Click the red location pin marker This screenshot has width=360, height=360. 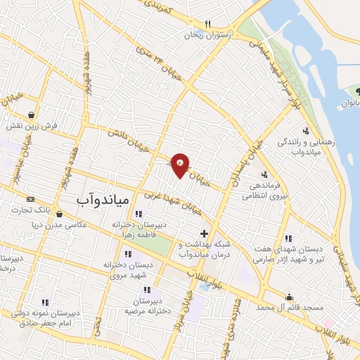181,165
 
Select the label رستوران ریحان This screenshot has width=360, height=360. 208,34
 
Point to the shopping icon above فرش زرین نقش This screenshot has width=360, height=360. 32,115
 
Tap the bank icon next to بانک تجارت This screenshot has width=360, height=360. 30,199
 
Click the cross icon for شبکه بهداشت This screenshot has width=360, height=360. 204,233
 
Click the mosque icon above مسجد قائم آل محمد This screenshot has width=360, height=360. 288,297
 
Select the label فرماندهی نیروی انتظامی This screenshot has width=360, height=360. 264,191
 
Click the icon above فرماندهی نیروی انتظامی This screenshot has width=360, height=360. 264,174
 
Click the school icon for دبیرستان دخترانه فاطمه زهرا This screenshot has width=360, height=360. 138,214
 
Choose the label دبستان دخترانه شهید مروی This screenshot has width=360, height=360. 127,268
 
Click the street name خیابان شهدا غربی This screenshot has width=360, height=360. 174,201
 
